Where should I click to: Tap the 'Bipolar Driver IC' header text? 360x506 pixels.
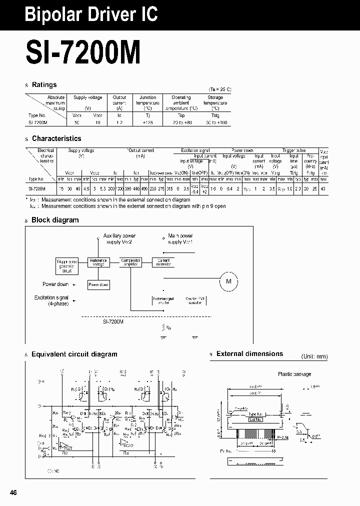91,14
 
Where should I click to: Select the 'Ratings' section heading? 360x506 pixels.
44,85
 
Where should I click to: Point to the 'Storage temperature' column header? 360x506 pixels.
215,103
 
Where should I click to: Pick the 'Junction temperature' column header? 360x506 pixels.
148,103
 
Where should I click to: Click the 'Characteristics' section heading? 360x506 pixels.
56,138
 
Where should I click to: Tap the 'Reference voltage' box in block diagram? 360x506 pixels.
98,262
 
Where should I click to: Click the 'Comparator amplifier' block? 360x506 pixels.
131,262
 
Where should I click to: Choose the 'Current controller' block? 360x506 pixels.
163,262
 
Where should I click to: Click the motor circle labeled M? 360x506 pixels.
229,282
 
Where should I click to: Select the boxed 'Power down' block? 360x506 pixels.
98,284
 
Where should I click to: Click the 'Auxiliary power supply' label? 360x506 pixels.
119,239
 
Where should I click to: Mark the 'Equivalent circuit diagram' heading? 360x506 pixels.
74,354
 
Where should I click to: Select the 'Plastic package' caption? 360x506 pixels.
294,374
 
